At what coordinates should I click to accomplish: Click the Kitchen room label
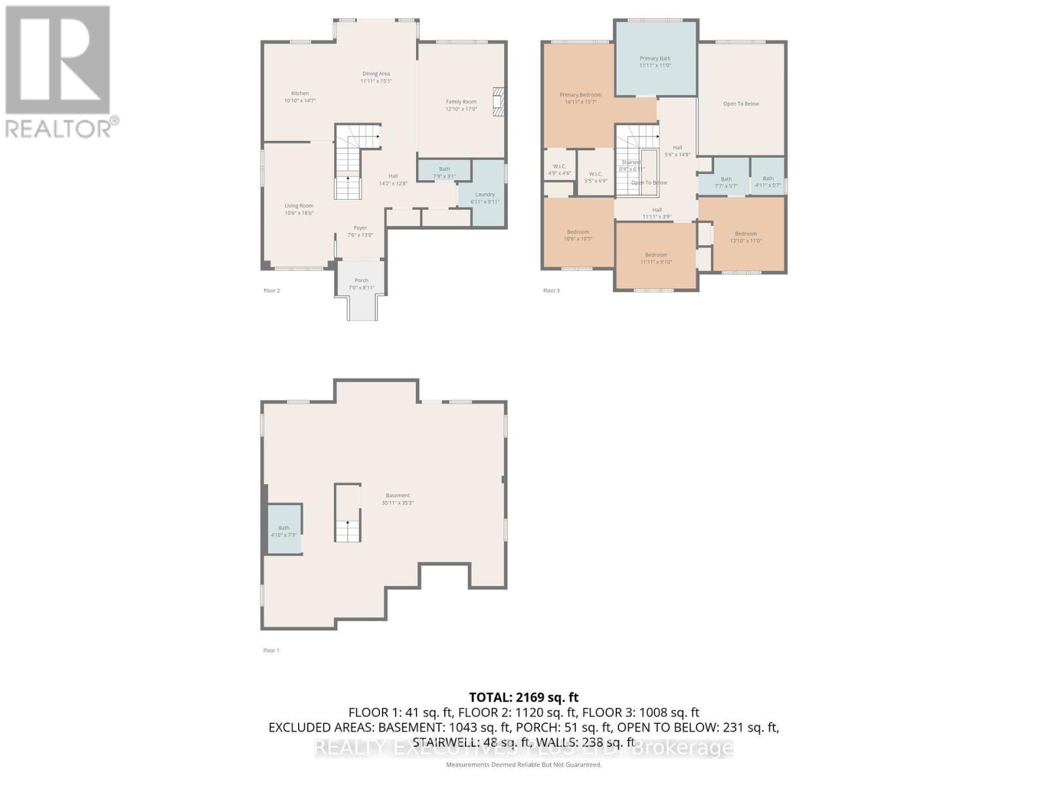click(300, 97)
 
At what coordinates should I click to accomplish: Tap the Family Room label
click(461, 105)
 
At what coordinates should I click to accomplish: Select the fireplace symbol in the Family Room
click(499, 102)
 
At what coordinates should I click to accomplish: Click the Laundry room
click(485, 198)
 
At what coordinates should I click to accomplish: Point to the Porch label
click(362, 284)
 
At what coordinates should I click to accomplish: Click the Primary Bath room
click(655, 62)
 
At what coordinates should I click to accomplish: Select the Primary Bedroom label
click(580, 98)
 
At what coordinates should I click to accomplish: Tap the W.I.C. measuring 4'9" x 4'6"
click(559, 170)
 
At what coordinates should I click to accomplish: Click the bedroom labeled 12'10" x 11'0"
click(745, 237)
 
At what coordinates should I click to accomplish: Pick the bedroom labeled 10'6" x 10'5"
click(578, 235)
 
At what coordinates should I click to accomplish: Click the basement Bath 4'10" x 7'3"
click(284, 531)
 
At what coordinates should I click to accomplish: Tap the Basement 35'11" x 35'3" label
click(398, 499)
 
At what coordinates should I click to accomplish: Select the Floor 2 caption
click(271, 291)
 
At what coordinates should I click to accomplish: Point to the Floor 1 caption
click(271, 650)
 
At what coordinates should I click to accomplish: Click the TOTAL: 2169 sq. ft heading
click(523, 698)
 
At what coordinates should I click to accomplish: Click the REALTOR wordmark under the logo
click(62, 128)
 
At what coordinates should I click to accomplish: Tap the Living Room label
click(299, 209)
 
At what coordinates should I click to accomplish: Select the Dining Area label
click(376, 77)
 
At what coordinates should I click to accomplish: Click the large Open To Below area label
click(741, 103)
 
